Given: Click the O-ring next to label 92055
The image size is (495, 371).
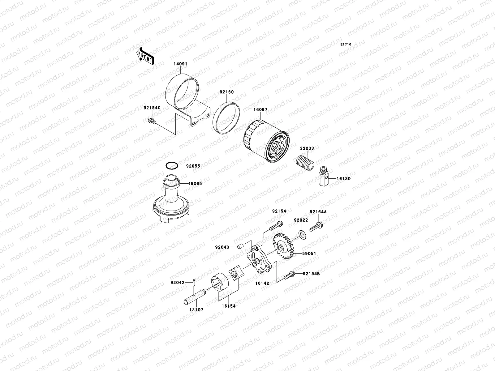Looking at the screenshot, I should click(x=172, y=166).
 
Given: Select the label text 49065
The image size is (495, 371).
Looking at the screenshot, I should click(x=195, y=183).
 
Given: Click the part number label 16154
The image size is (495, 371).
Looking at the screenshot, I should click(x=229, y=306).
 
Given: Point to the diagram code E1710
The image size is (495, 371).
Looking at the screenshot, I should click(x=346, y=45).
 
